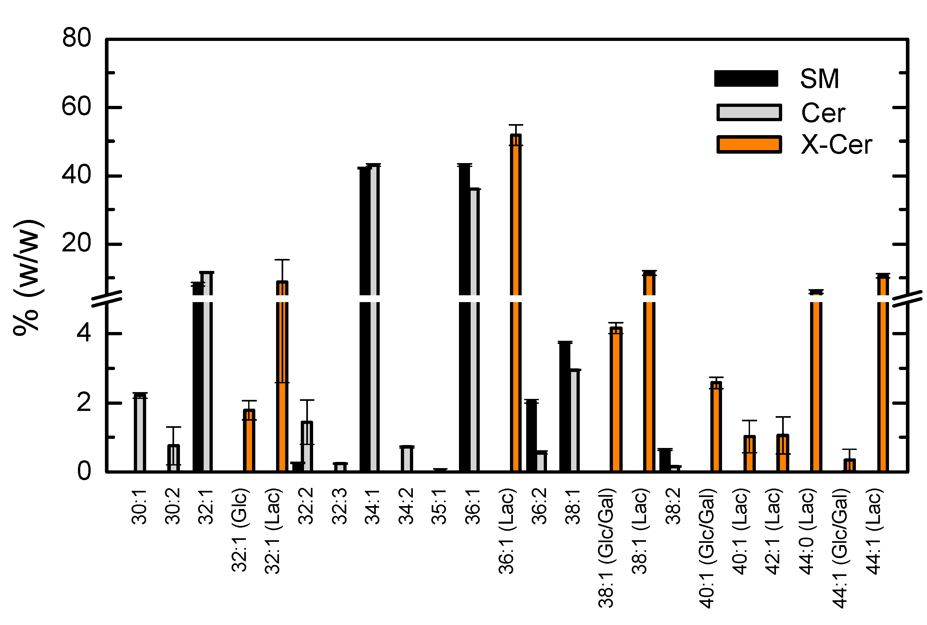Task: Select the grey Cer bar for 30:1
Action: [140, 432]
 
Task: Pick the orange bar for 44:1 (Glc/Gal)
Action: [849, 465]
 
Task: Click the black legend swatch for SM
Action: [746, 79]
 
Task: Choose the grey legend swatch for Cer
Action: [748, 112]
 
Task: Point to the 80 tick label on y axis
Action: [77, 38]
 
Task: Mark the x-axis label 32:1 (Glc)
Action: [240, 530]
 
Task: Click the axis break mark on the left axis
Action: [107, 299]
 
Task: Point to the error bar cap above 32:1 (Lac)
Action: [282, 260]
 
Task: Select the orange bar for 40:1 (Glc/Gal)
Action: [716, 427]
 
